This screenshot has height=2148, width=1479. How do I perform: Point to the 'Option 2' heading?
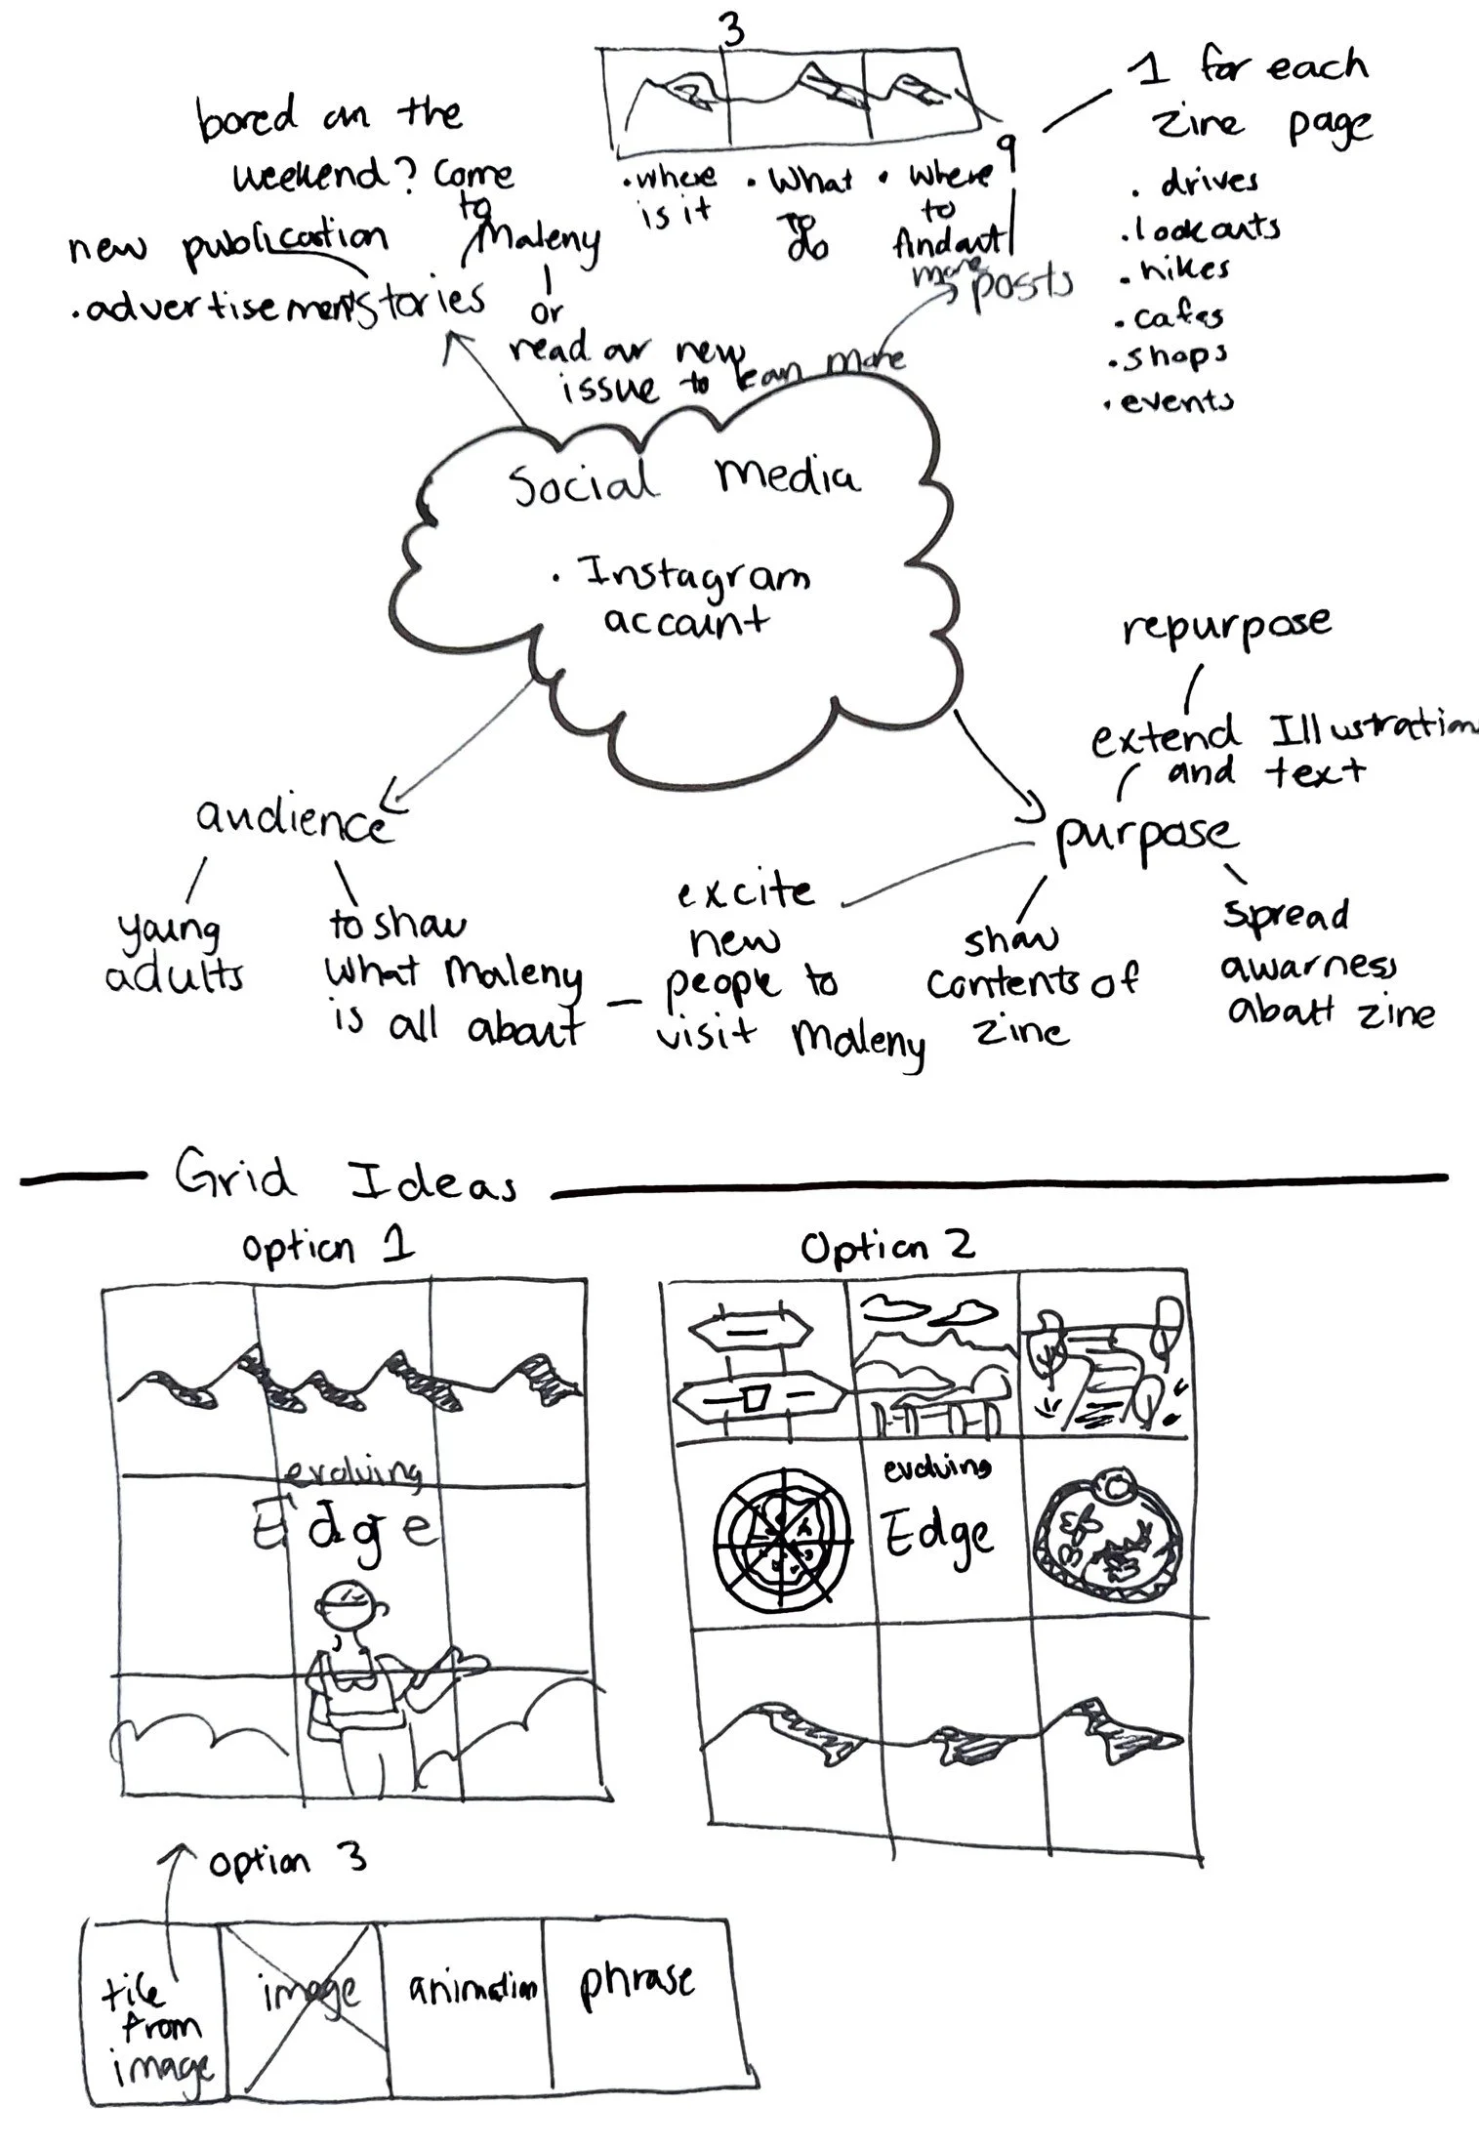[886, 1247]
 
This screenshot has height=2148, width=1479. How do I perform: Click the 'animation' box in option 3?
[460, 1988]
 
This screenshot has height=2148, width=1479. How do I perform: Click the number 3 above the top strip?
[731, 31]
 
